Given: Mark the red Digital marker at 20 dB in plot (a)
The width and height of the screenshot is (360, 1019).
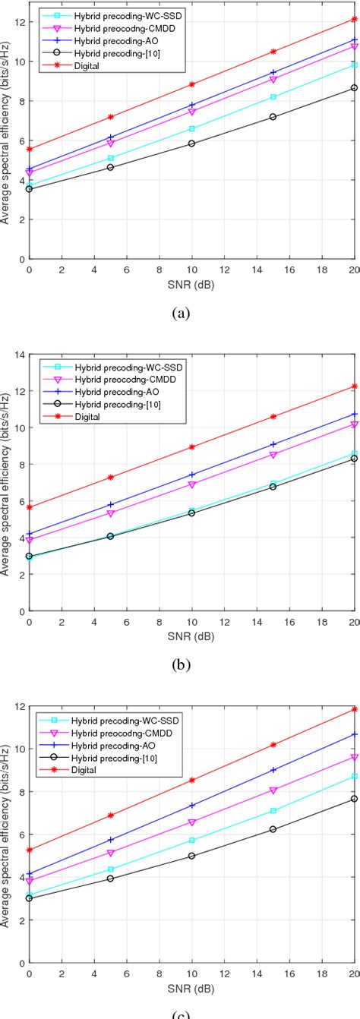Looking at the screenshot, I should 355,18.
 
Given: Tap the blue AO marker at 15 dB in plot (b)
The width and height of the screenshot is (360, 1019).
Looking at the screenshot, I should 273,444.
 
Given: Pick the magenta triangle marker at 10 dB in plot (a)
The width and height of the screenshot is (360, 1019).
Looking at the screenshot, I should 191,112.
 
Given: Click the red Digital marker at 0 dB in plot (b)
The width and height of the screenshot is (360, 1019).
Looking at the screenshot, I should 29,507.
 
